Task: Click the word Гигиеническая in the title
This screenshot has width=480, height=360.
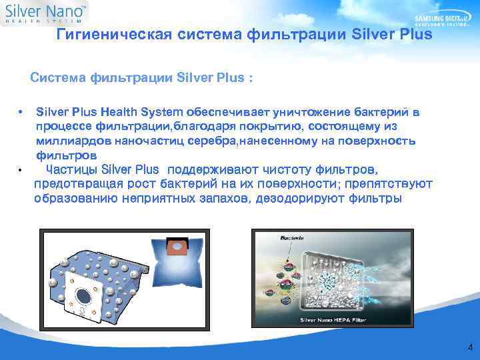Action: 113,35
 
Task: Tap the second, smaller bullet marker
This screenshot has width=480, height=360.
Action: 21,170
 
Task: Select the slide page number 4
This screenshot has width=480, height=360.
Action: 470,347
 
